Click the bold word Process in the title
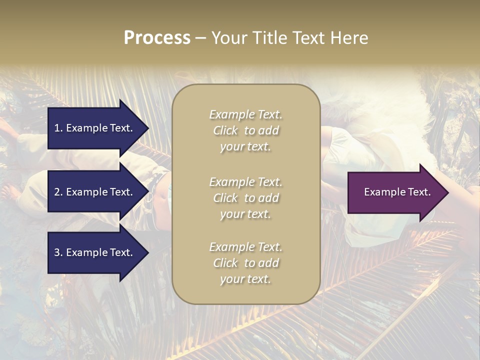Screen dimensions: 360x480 tap(157, 38)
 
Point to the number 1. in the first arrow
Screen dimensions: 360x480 tap(58, 128)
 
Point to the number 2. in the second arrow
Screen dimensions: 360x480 tap(58, 192)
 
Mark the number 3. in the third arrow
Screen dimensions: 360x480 tap(58, 252)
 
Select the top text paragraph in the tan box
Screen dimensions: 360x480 tap(245, 130)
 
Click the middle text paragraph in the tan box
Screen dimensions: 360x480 tap(245, 198)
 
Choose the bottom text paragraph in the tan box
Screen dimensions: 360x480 tap(245, 263)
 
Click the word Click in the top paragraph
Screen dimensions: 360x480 tap(225, 130)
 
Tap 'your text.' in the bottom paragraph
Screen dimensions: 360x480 tap(245, 279)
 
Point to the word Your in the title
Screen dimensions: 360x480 tap(227, 38)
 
